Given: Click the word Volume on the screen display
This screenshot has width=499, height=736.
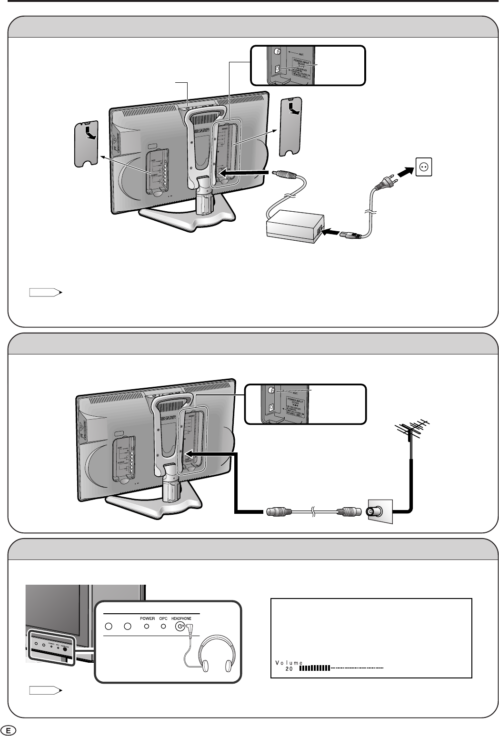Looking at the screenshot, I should [289, 662].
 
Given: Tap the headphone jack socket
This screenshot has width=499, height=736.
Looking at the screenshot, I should [180, 627].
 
